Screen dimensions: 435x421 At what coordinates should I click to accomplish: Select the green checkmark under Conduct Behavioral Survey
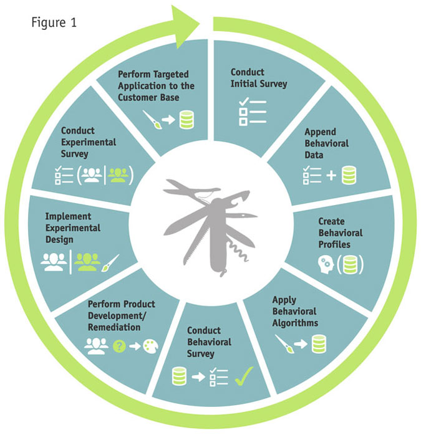(x=244, y=376)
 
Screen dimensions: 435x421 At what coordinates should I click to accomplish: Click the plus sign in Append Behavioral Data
(x=331, y=176)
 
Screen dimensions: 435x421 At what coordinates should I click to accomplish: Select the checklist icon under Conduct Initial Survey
(x=253, y=112)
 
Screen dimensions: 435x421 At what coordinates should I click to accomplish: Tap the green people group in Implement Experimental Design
(x=87, y=262)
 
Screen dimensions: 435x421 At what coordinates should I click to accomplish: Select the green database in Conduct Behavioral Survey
(x=180, y=376)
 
